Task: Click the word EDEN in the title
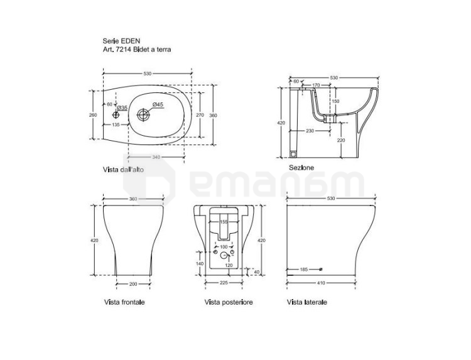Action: [131, 41]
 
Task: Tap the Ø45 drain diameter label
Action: [158, 104]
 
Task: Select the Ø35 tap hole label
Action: [122, 107]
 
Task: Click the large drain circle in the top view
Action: [143, 115]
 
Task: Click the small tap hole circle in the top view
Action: [116, 115]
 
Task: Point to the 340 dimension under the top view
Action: [156, 157]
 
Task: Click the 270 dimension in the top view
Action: [200, 115]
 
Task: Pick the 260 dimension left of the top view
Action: [93, 115]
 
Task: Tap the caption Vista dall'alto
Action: [124, 170]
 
